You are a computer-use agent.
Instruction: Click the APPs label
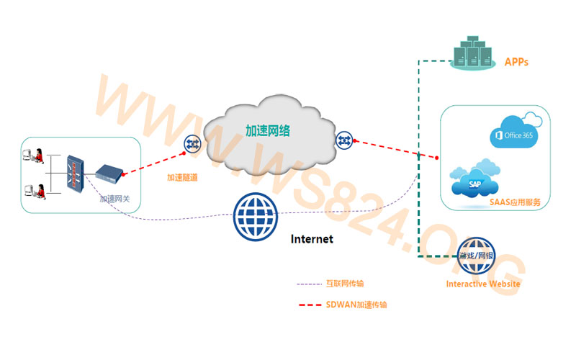516,63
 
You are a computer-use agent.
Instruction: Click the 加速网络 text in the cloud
268,131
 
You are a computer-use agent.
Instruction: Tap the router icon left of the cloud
192,143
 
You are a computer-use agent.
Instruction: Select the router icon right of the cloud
343,138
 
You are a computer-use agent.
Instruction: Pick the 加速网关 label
115,199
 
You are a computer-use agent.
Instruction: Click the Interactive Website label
483,284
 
